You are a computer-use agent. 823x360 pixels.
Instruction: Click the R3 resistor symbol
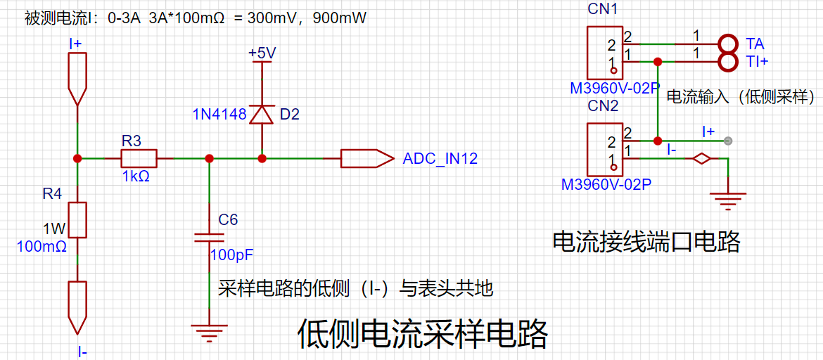[x=139, y=158]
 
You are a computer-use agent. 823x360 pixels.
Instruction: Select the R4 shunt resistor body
[x=77, y=220]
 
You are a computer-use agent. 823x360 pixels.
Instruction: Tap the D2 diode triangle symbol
[x=262, y=114]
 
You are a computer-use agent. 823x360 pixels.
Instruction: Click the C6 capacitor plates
[x=209, y=237]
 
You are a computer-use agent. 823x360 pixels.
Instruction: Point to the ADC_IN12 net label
[x=440, y=158]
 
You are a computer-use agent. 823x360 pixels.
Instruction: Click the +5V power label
[x=262, y=53]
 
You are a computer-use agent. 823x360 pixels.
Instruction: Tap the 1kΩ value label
[x=136, y=176]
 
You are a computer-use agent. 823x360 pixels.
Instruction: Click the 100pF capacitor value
[x=232, y=255]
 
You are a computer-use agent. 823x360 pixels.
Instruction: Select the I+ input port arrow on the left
[x=77, y=79]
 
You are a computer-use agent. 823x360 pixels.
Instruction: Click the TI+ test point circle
[x=728, y=63]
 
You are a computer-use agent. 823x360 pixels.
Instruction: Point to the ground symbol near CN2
[x=728, y=200]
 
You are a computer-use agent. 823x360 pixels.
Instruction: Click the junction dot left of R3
[x=77, y=158]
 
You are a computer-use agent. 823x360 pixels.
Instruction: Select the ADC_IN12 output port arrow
[x=367, y=158]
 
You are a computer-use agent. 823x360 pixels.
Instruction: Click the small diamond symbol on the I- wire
[x=701, y=158]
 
